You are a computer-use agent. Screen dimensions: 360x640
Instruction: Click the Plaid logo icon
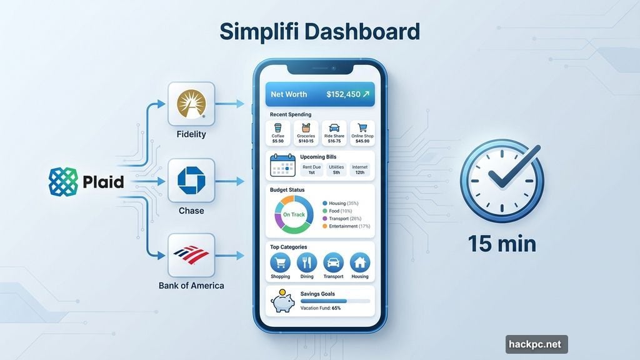[x=63, y=182]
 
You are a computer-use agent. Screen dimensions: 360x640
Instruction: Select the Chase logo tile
[x=191, y=181]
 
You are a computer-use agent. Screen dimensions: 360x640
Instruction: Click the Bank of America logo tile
[x=191, y=256]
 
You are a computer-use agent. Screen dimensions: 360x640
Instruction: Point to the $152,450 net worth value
[x=343, y=94]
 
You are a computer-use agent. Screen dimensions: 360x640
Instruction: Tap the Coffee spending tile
[x=278, y=132]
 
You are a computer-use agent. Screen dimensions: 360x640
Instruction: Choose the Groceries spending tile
[x=306, y=132]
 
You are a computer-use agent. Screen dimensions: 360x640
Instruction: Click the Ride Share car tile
[x=334, y=132]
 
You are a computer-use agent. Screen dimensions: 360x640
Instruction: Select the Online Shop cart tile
[x=362, y=132]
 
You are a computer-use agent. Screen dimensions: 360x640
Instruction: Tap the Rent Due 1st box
[x=312, y=169]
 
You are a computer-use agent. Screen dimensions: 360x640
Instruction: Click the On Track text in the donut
[x=294, y=215]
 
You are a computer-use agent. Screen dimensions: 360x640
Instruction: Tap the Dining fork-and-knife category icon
[x=307, y=262]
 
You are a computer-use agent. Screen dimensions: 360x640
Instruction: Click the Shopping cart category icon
[x=280, y=262]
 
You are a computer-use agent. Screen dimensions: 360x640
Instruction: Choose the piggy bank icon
[x=282, y=302]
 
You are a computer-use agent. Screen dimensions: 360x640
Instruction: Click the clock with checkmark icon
[x=501, y=181]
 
